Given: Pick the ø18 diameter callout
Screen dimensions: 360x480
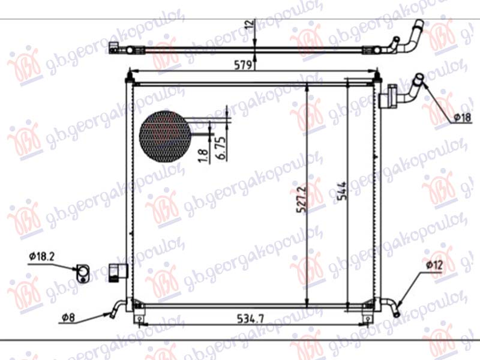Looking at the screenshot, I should pyautogui.click(x=461, y=118).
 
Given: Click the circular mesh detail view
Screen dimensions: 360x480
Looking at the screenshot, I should pyautogui.click(x=164, y=137).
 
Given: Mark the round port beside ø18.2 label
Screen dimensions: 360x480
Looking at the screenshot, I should pyautogui.click(x=83, y=274).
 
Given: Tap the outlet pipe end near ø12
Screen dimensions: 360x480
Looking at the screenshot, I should pyautogui.click(x=395, y=310).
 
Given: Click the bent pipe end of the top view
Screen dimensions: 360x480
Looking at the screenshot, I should pyautogui.click(x=416, y=34).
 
